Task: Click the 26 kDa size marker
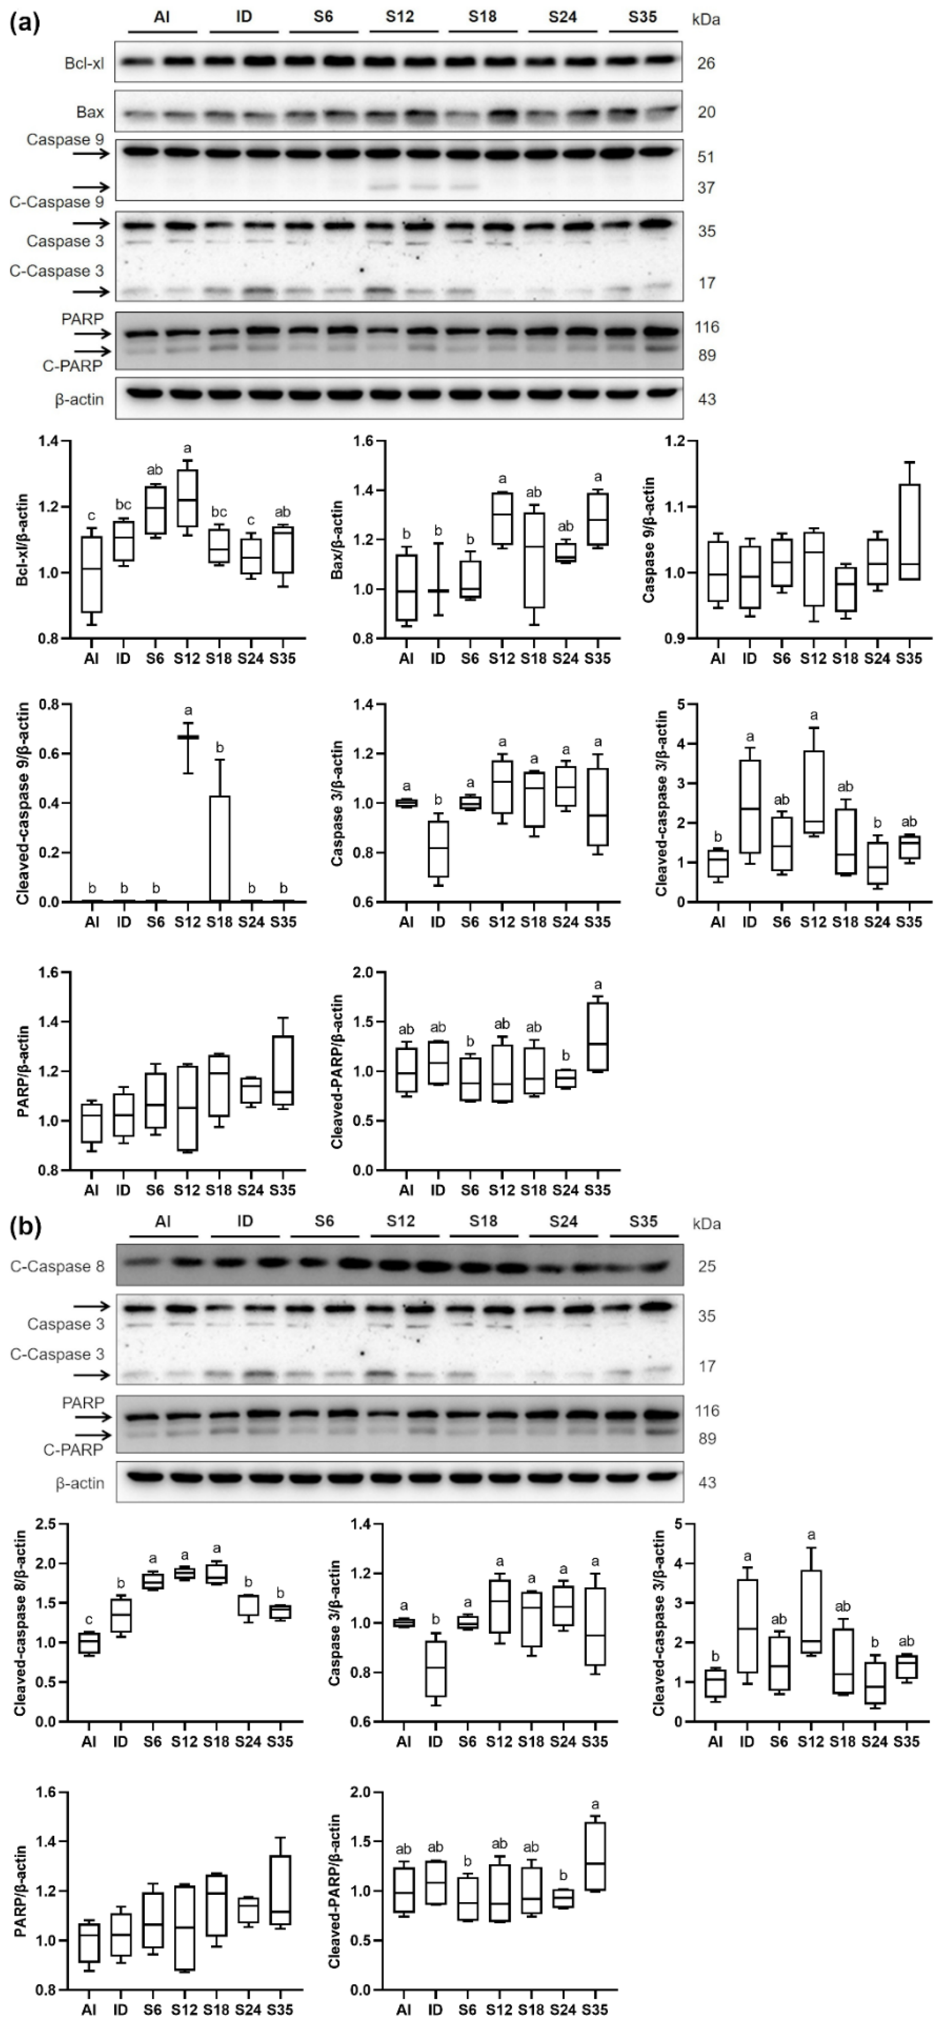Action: tap(706, 63)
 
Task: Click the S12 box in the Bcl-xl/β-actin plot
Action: tap(188, 498)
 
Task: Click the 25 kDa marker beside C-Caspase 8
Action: tap(706, 1267)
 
